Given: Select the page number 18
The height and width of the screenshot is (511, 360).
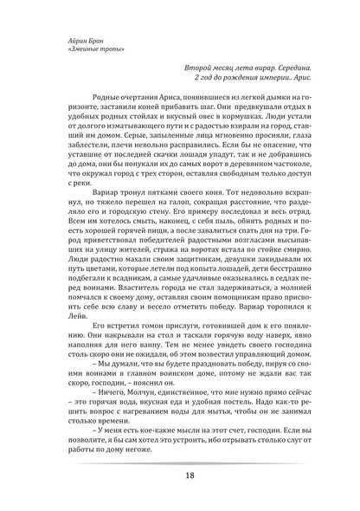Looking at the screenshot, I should pyautogui.click(x=179, y=475).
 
